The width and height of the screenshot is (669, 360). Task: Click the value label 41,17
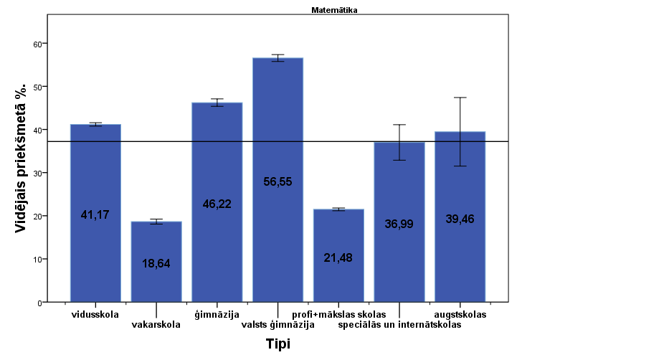point(95,214)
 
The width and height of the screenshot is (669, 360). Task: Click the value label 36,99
point(399,224)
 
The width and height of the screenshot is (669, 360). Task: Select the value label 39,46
point(460,219)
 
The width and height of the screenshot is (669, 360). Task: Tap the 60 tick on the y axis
point(39,44)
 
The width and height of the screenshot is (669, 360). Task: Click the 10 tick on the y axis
point(39,259)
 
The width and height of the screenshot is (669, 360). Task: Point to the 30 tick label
point(39,173)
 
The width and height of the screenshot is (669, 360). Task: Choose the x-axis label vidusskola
point(95,314)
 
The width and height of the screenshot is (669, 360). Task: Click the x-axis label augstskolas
point(460,314)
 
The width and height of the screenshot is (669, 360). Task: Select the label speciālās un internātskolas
point(399,325)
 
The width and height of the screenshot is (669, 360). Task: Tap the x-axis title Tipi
point(277,344)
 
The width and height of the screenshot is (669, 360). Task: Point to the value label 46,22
point(217,204)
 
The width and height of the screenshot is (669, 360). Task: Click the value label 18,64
point(156,264)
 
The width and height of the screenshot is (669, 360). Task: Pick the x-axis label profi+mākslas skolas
point(338,314)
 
